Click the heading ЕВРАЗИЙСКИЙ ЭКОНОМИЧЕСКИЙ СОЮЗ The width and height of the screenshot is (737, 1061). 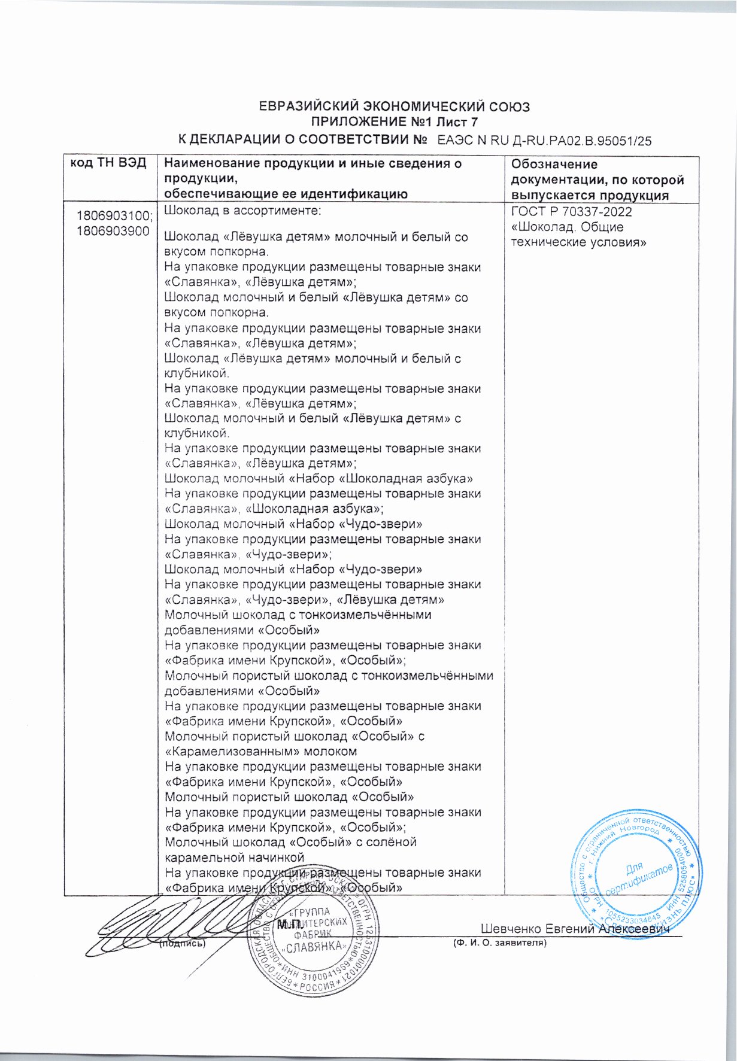click(394, 107)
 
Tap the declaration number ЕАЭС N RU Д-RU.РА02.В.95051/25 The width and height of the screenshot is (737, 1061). click(544, 141)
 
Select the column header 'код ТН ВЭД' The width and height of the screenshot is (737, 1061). click(108, 163)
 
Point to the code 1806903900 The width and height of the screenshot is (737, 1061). click(113, 232)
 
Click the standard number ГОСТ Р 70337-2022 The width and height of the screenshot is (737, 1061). click(571, 212)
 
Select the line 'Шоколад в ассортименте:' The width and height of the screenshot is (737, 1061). click(243, 211)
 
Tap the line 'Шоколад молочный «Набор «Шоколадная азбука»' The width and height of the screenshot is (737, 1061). click(319, 479)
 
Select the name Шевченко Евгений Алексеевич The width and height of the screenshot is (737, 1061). click(574, 929)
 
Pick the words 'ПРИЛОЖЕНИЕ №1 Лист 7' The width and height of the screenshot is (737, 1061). click(394, 123)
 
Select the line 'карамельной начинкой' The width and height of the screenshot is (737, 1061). click(235, 858)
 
